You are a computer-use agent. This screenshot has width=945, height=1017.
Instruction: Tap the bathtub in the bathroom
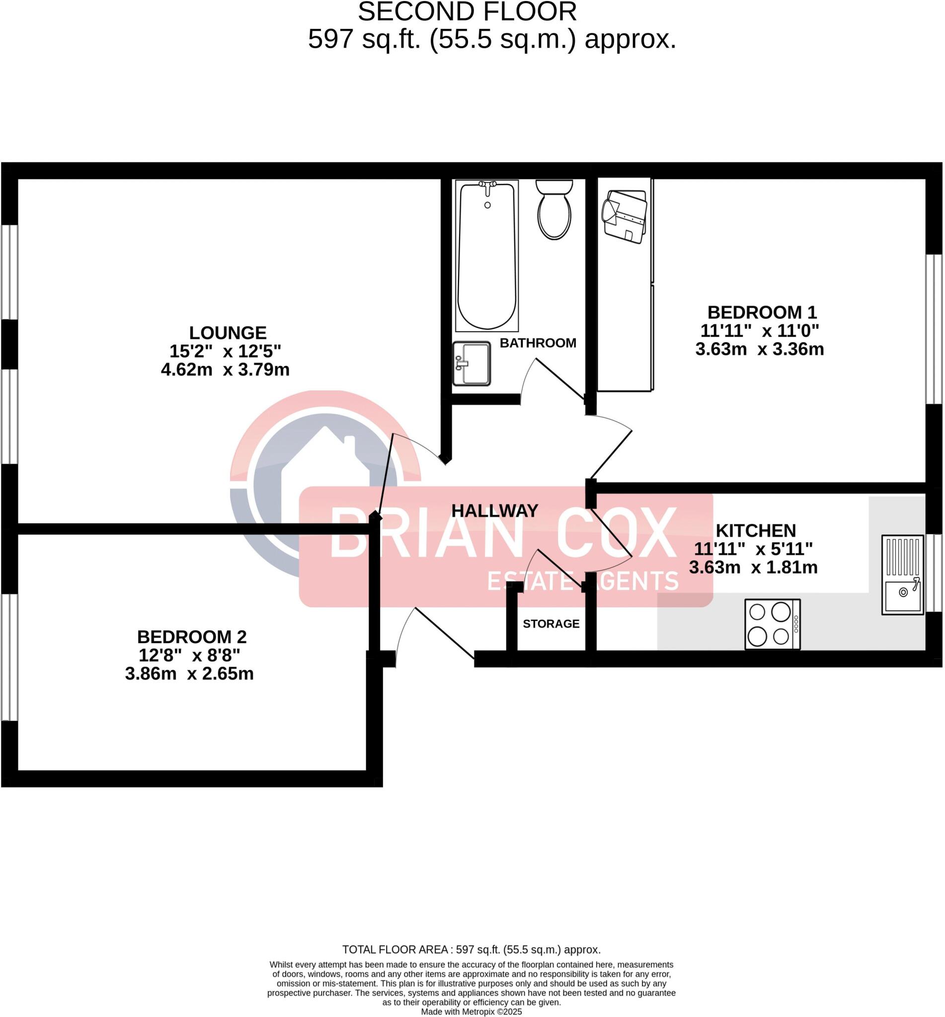pos(487,256)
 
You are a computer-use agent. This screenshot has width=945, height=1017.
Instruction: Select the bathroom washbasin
pos(472,363)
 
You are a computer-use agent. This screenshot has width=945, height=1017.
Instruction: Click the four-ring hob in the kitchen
pos(772,625)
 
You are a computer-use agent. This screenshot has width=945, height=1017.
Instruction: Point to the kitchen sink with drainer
pos(903,575)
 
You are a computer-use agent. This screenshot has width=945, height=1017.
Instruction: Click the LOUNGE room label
pos(228,333)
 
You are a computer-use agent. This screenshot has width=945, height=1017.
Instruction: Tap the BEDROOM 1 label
pos(762,312)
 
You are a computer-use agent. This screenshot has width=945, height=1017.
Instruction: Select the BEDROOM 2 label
pos(192,637)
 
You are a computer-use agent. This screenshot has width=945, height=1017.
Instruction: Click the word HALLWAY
pos(494,510)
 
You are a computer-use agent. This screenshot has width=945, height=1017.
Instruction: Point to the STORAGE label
pos(551,624)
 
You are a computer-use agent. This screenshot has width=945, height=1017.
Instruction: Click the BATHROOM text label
pos(538,343)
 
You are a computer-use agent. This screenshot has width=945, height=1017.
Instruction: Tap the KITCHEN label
pos(755,530)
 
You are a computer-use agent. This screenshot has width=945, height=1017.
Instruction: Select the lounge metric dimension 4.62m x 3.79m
pos(225,369)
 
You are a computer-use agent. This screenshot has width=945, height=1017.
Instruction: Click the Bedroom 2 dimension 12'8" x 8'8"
pos(189,655)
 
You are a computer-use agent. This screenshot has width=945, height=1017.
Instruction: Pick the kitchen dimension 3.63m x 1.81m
pos(753,567)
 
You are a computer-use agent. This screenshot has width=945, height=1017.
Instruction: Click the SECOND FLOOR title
pos(467,12)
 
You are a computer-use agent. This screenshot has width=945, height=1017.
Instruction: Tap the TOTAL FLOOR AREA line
pos(471,950)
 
